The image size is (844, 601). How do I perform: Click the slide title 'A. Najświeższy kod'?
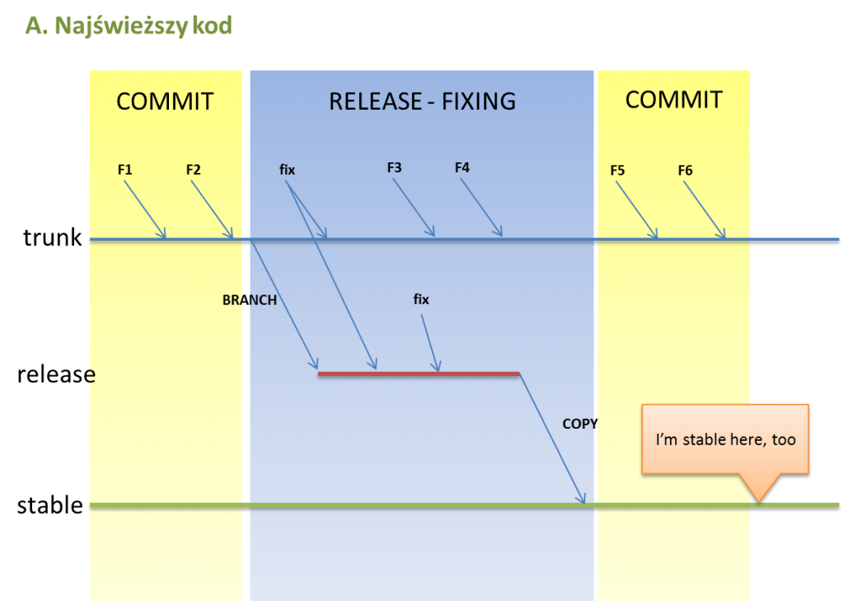(x=129, y=26)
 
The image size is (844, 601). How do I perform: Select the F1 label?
(x=125, y=170)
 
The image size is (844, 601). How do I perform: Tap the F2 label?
(x=193, y=170)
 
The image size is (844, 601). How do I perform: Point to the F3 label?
(x=395, y=167)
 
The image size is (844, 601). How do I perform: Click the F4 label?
(x=462, y=167)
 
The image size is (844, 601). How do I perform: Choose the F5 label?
(x=617, y=170)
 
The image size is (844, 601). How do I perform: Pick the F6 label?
(x=685, y=170)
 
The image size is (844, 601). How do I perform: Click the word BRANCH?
(x=250, y=300)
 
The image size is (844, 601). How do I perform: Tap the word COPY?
(x=580, y=424)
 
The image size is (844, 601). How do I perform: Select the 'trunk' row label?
(x=52, y=237)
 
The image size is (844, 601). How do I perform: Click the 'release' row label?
(x=57, y=373)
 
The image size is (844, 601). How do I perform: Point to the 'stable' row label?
(x=50, y=505)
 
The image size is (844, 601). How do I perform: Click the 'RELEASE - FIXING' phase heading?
(x=423, y=101)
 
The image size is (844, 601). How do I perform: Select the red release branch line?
(x=419, y=373)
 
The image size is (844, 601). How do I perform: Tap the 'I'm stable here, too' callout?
(x=725, y=439)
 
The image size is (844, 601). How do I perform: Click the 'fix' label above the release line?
(x=421, y=299)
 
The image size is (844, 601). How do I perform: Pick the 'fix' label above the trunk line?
(x=287, y=170)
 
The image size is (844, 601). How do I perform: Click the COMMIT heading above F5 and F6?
(x=674, y=100)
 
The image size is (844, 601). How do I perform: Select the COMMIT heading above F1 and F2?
(x=165, y=101)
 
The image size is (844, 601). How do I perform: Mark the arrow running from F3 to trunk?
(x=414, y=207)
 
